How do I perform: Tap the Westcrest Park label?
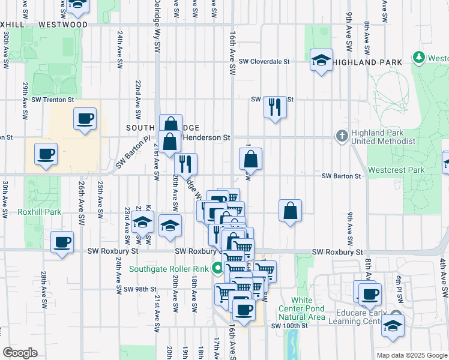point(396,170)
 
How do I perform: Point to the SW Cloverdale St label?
point(264,61)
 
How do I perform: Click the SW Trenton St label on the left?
point(53,99)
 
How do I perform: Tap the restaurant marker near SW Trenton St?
point(274,107)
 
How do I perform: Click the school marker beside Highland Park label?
point(322,60)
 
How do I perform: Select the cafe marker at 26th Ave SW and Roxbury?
point(62,242)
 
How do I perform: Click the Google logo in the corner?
point(20,353)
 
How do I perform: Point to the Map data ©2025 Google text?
point(412,355)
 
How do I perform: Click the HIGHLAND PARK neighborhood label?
point(369,62)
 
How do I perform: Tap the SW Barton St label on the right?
point(341,176)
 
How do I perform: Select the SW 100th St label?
point(289,326)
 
